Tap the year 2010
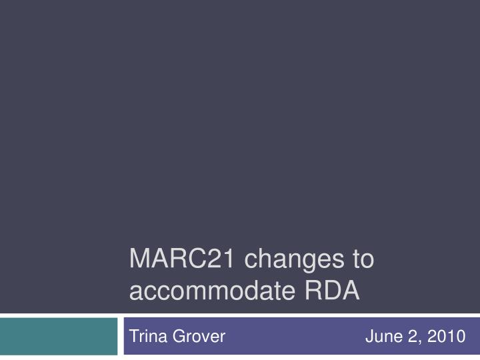click(447, 337)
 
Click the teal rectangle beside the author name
click(59, 336)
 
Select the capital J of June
click(369, 337)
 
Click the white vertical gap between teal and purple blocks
click(121, 336)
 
